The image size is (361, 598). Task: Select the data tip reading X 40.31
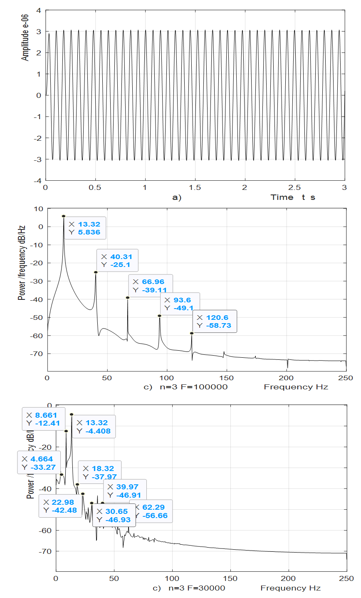tap(117, 261)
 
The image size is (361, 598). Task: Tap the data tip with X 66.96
tap(150, 286)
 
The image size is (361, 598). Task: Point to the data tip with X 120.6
tap(215, 321)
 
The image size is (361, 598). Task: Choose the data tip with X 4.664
tap(39, 463)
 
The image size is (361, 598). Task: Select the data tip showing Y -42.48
tap(60, 506)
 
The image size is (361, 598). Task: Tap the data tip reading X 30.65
tap(114, 515)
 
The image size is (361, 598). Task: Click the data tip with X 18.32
tap(100, 472)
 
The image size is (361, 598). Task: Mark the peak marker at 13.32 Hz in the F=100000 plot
tap(64, 216)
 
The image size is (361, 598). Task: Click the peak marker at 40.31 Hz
tap(96, 272)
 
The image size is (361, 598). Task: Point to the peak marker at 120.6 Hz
tap(192, 333)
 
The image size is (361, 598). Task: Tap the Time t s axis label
tap(293, 197)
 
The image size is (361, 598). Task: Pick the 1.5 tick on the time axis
tap(195, 187)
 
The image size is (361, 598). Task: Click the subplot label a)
tap(177, 197)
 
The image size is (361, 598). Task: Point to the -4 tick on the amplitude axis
tap(38, 180)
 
